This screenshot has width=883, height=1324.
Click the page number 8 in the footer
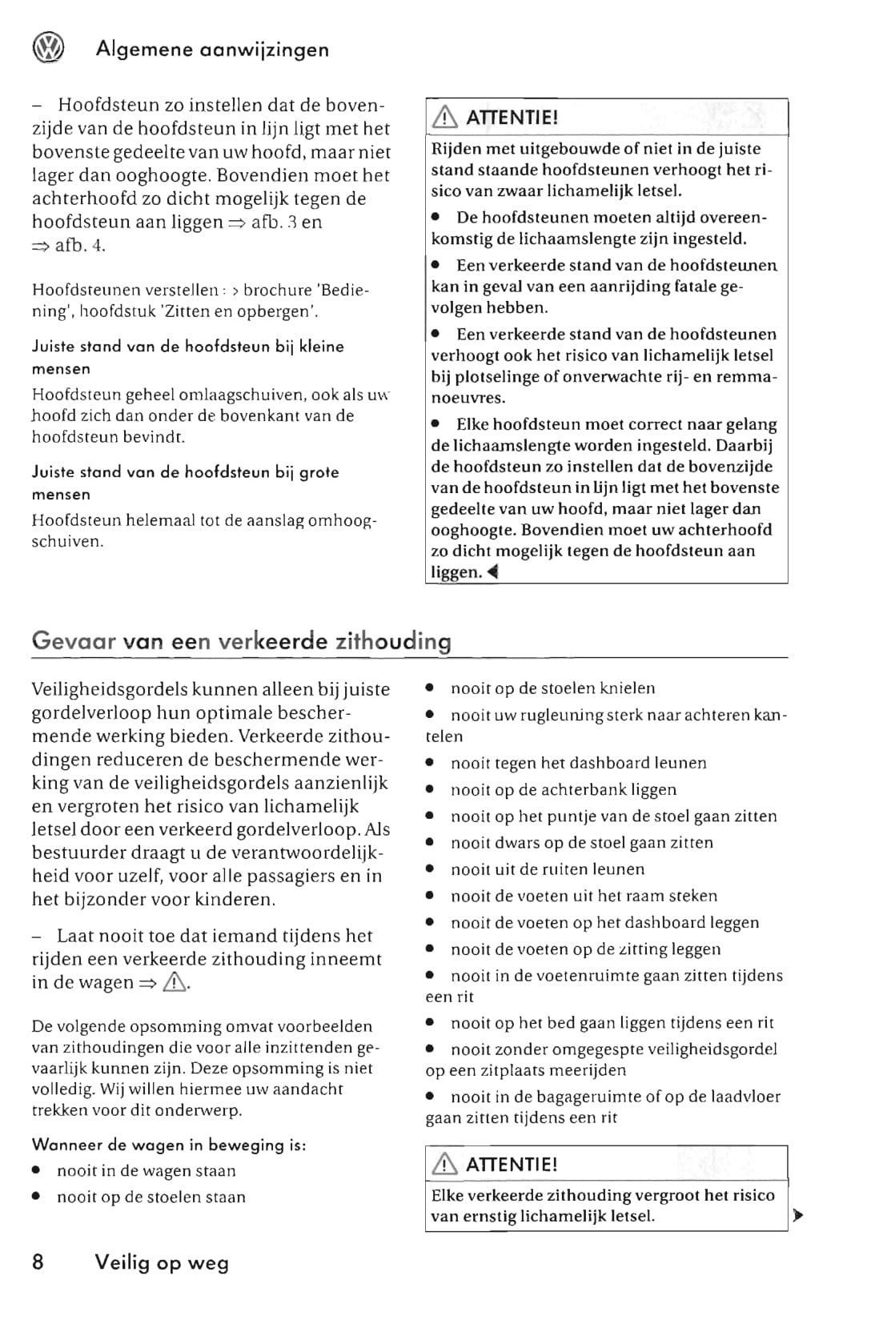coord(38,1262)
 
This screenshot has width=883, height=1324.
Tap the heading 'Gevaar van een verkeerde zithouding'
coord(241,641)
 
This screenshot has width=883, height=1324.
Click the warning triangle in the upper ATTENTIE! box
coord(444,118)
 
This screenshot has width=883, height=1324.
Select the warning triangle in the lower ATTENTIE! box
coord(444,1165)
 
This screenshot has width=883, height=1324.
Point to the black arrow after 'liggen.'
coord(492,572)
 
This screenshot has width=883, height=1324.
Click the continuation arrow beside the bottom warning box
coord(797,1216)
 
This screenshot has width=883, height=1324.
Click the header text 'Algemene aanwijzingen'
coord(212,50)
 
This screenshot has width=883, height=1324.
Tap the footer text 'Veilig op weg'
coord(162,1262)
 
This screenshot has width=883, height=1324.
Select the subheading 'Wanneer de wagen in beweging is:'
coord(169,1145)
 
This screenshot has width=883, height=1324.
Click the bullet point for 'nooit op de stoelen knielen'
coord(431,688)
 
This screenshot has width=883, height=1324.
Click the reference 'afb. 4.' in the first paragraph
coord(80,245)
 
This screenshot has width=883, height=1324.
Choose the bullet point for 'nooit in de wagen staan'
coord(37,1171)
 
